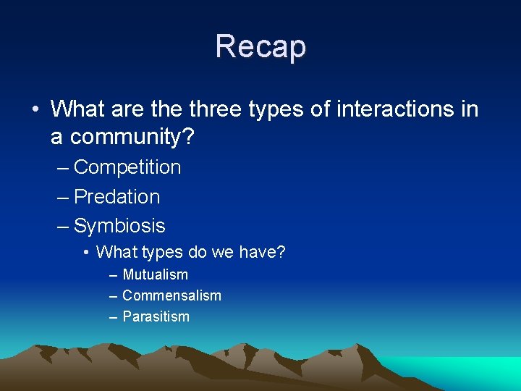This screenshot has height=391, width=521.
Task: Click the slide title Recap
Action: tap(260, 46)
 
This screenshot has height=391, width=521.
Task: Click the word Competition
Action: tap(127, 167)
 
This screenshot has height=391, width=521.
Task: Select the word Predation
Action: tap(117, 196)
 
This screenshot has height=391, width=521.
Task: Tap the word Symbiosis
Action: tap(119, 226)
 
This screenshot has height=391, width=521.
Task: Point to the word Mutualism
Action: tap(155, 275)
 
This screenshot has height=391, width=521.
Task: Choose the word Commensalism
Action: tap(171, 295)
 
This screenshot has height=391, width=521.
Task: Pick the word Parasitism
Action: tap(156, 316)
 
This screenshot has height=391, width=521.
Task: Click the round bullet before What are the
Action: tap(35, 110)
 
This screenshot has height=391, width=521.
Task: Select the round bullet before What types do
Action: tap(85, 253)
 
